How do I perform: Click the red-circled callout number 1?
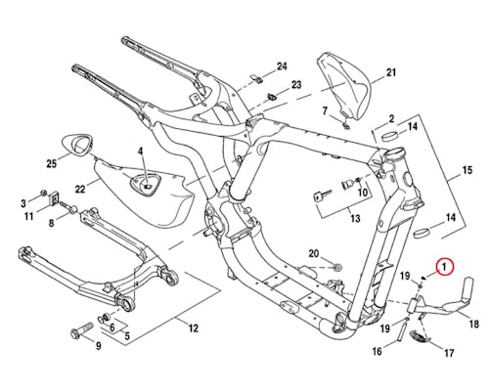pos(445,267)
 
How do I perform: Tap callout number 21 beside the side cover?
pos(390,72)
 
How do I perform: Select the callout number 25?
pos(52,163)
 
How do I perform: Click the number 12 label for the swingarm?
pos(194,327)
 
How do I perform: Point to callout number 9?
pos(98,346)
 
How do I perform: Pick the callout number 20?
pos(314,253)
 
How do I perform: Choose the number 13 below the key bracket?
pos(355,218)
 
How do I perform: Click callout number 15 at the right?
pos(467,170)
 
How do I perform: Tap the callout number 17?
pos(449,353)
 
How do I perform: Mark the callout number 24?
pos(282,66)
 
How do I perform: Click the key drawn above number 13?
pos(322,196)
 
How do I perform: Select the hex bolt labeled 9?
pos(82,329)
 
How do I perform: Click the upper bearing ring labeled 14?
pos(390,135)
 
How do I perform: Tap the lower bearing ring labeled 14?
pos(422,234)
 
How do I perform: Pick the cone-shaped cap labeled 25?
pos(78,145)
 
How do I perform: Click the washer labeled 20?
pos(336,267)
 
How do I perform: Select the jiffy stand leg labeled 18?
pos(443,300)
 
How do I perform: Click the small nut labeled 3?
pos(42,193)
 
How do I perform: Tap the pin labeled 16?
pos(402,328)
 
